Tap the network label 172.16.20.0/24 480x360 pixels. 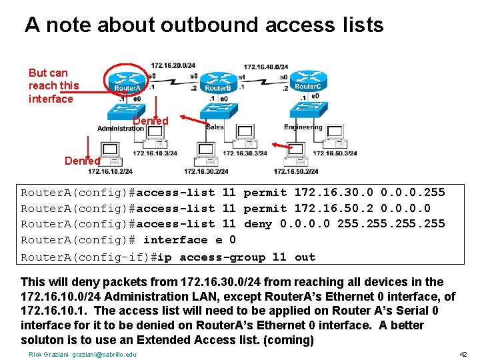pyautogui.click(x=173, y=65)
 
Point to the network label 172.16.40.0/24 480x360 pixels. pyautogui.click(x=265, y=67)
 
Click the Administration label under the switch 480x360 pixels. pyautogui.click(x=120, y=128)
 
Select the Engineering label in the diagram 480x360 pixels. pyautogui.click(x=303, y=127)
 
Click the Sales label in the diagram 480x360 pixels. pyautogui.click(x=215, y=127)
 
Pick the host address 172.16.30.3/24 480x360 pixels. pyautogui.click(x=245, y=153)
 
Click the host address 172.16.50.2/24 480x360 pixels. pyautogui.click(x=295, y=171)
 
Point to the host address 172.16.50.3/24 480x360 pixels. pyautogui.click(x=335, y=153)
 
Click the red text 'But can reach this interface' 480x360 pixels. pyautogui.click(x=53, y=85)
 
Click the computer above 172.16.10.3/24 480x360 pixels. pyautogui.click(x=155, y=137)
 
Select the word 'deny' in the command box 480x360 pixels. pyautogui.click(x=258, y=224)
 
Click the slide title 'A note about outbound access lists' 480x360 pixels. pyautogui.click(x=204, y=25)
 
